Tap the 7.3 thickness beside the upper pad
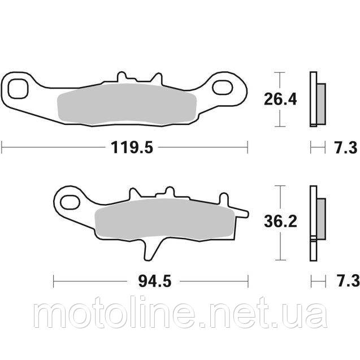344,149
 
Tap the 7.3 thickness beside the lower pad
344,279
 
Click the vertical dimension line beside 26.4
277,99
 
